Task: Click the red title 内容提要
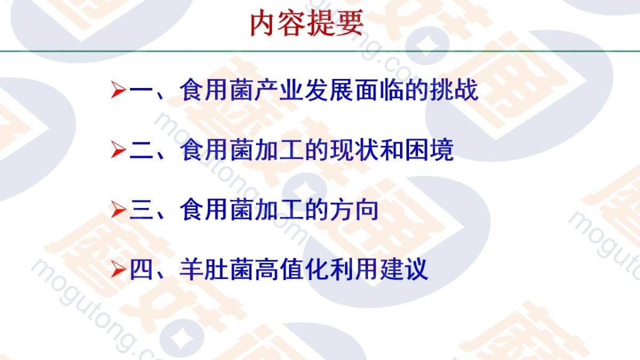307,23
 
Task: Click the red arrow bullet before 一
118,90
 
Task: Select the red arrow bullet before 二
118,150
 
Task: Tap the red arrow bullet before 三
118,210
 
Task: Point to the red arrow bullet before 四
118,269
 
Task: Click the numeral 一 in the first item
141,90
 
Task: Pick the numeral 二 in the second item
141,150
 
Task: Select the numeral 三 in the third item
141,210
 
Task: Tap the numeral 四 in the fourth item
141,270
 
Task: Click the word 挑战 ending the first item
454,90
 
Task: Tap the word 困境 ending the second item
429,150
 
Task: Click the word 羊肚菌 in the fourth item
217,269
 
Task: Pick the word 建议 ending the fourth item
404,269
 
